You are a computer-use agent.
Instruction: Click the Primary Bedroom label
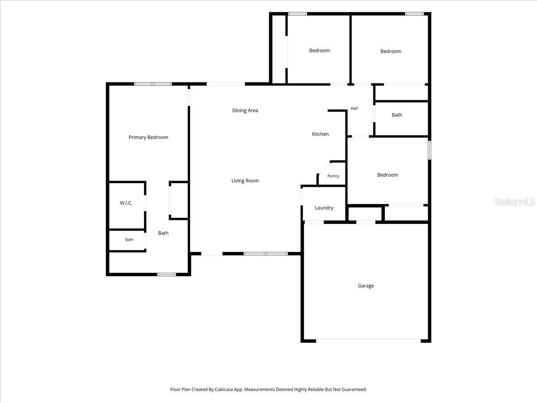[148, 137]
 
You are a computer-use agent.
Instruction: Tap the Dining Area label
[245, 110]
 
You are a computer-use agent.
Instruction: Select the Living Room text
[245, 180]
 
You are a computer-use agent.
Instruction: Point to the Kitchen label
[320, 134]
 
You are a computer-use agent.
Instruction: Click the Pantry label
[333, 176]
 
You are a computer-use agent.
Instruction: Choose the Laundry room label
[324, 208]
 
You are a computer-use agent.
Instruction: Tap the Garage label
[366, 286]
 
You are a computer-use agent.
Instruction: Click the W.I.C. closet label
[126, 203]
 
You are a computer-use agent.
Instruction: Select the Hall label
[354, 108]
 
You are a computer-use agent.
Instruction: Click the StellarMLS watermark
[515, 201]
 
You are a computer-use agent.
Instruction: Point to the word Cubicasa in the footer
[224, 389]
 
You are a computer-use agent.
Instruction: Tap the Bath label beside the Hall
[397, 115]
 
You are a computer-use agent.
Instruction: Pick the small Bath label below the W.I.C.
[129, 240]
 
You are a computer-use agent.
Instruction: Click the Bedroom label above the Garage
[388, 175]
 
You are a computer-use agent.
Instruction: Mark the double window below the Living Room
[266, 254]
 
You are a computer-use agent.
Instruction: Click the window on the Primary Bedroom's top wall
[153, 84]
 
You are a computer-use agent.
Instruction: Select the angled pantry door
[324, 168]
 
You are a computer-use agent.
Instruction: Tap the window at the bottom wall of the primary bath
[166, 274]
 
